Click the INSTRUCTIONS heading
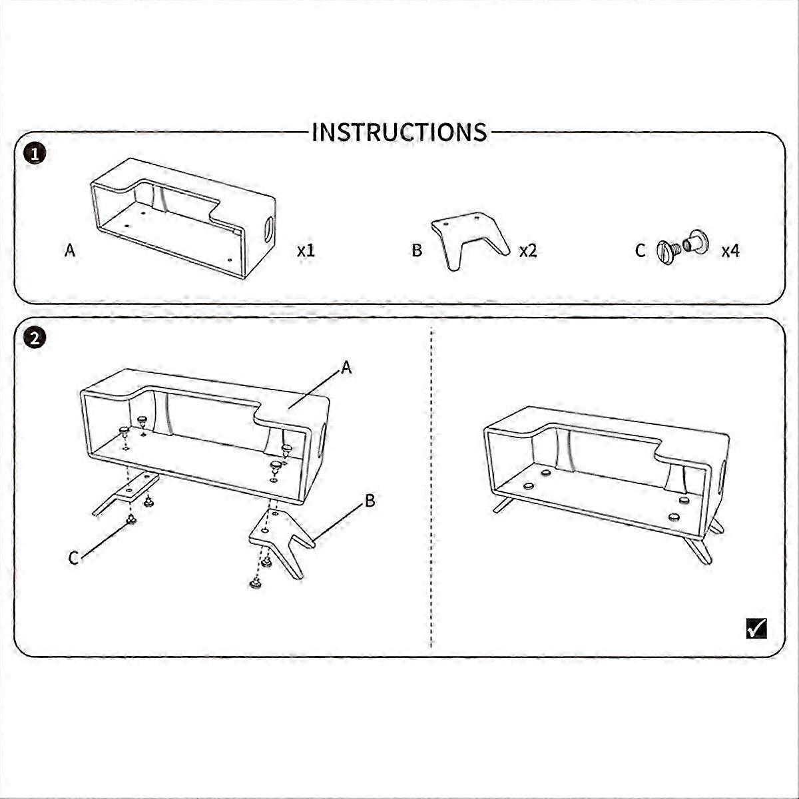point(399,133)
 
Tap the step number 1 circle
point(35,154)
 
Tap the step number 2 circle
point(35,339)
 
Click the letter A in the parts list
point(70,250)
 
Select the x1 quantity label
point(306,250)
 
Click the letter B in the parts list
point(417,250)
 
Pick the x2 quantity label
point(528,250)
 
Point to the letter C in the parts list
point(640,250)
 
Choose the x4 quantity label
point(730,250)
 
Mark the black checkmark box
point(756,628)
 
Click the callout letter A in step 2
point(346,368)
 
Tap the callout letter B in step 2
point(370,501)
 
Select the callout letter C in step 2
point(73,558)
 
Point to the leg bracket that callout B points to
point(278,535)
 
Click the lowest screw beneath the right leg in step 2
point(256,583)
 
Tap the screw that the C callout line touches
point(131,519)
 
